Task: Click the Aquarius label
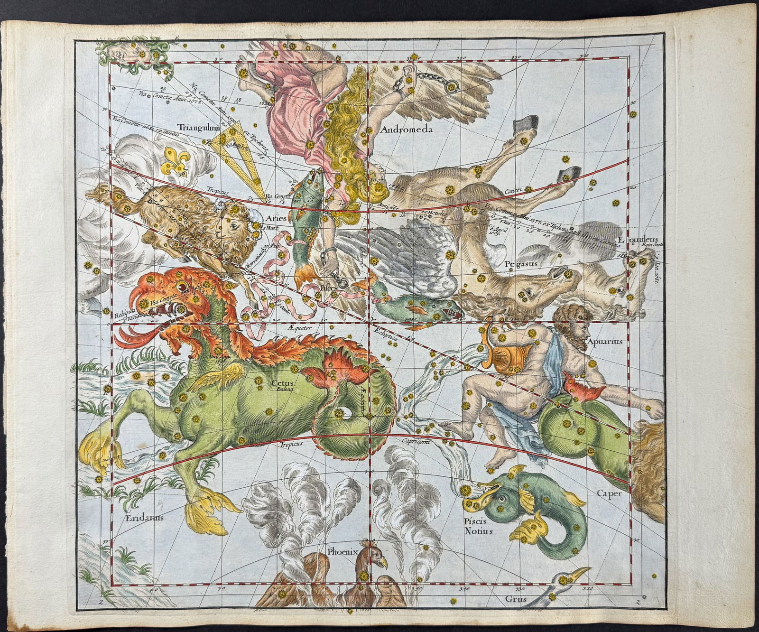click(603, 340)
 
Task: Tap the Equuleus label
click(644, 239)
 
